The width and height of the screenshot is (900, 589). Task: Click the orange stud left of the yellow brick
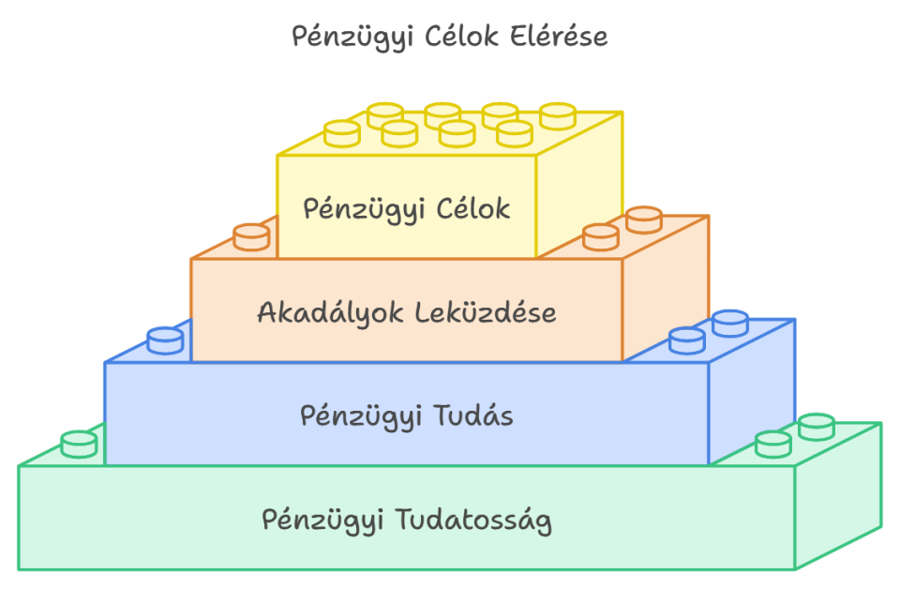250,236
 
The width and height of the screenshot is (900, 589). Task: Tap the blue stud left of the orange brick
165,340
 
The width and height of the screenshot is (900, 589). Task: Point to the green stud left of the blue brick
79,443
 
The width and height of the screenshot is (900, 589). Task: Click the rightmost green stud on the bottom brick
817,426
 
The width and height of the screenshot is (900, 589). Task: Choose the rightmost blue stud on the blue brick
730,323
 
